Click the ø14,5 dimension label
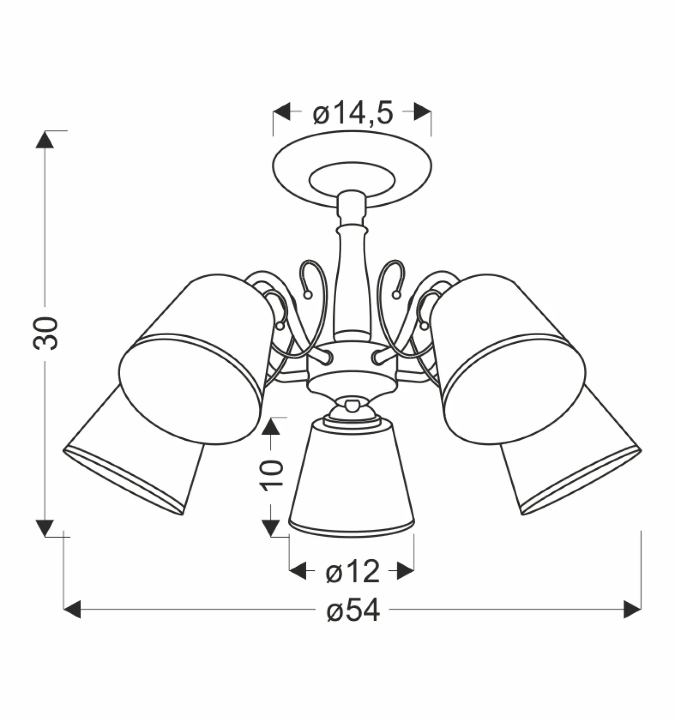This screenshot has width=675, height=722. click(353, 113)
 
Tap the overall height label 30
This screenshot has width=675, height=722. click(45, 333)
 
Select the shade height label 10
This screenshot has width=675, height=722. click(272, 475)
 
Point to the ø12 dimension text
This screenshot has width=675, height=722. click(353, 572)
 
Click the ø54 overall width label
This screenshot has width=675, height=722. click(353, 611)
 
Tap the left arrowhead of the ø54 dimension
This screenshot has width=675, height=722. click(72, 609)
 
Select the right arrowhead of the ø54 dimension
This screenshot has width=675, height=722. click(632, 609)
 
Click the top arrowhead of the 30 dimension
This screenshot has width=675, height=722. click(45, 140)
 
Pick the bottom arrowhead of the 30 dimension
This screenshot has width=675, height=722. click(45, 528)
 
